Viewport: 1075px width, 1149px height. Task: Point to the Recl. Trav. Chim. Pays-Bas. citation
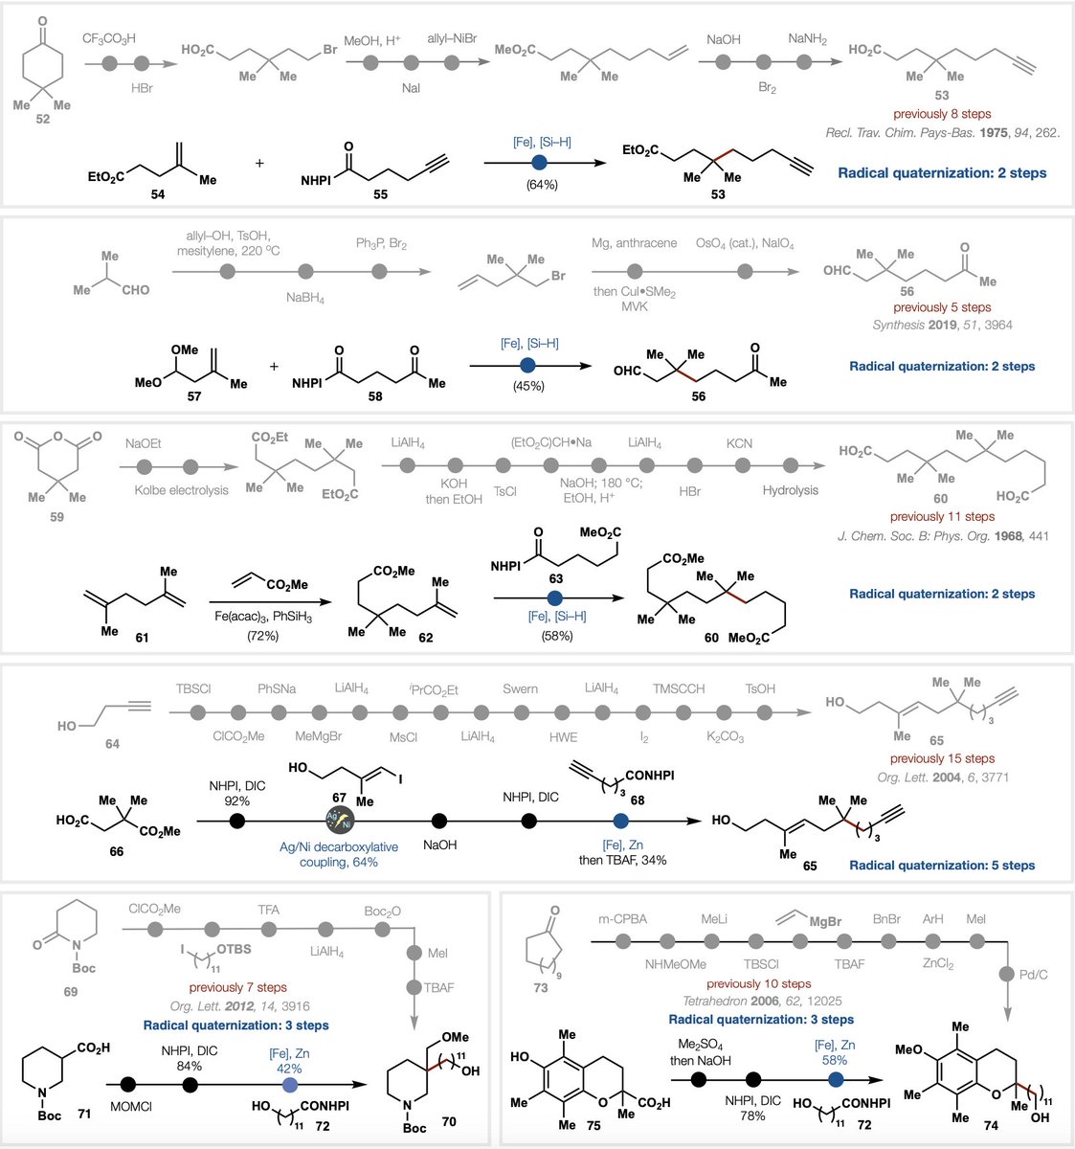[943, 132]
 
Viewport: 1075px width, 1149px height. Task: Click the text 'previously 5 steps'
[942, 307]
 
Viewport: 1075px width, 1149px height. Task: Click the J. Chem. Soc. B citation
[943, 535]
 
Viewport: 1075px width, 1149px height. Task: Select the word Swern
[520, 688]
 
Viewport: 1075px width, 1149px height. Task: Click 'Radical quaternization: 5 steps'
[942, 865]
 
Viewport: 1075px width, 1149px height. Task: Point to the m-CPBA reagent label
[628, 919]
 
